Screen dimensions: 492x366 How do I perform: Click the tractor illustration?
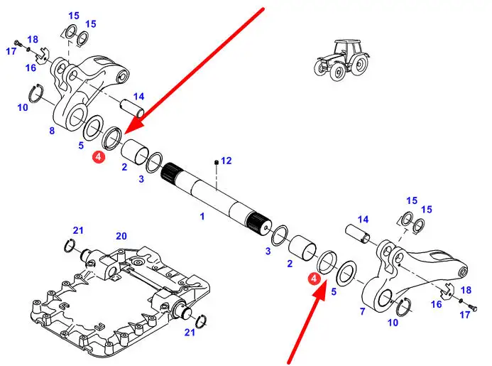(341, 60)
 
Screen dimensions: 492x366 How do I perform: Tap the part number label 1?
(202, 216)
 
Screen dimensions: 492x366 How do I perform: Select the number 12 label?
(226, 161)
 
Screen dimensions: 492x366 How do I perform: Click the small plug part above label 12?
(217, 162)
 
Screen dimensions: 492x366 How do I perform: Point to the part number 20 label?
(121, 236)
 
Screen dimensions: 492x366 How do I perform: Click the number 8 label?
(52, 130)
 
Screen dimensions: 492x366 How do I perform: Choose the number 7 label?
(363, 311)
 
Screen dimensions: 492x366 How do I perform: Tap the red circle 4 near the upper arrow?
(99, 156)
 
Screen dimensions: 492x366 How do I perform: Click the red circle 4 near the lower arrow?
(314, 279)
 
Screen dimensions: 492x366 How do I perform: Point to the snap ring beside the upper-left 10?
(36, 93)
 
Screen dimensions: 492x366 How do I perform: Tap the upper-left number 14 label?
(138, 97)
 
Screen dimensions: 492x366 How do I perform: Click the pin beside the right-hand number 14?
(358, 234)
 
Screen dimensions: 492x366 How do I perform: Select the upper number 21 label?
(78, 230)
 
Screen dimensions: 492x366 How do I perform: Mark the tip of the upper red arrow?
(126, 134)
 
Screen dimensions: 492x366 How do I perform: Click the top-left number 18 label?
(33, 39)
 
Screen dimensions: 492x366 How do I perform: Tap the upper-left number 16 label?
(31, 68)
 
